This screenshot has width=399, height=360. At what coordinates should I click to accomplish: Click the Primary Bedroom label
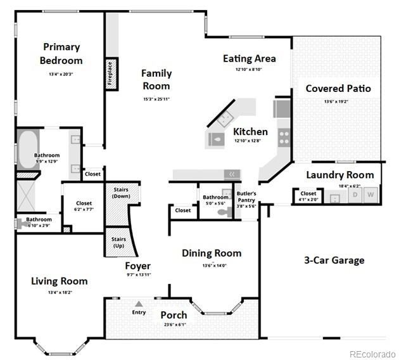(61, 54)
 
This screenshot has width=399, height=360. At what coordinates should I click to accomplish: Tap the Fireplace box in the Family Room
(111, 73)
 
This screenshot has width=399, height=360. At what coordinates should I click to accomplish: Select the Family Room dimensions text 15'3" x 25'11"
(156, 99)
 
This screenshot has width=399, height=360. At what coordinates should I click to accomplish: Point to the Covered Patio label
(338, 88)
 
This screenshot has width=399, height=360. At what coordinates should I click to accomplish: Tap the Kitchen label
(250, 132)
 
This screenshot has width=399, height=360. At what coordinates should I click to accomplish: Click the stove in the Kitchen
(282, 135)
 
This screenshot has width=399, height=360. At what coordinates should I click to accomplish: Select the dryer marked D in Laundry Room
(355, 194)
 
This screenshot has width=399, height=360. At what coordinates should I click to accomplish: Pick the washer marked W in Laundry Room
(370, 194)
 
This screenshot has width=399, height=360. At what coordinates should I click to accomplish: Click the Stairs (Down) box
(120, 193)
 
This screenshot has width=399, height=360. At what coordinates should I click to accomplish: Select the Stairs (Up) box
(118, 242)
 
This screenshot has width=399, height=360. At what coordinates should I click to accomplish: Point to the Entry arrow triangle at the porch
(139, 304)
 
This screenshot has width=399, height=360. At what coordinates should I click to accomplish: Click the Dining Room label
(212, 253)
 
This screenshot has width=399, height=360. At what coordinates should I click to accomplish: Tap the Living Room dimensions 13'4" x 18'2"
(60, 293)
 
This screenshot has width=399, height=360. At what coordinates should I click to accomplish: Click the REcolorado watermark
(372, 354)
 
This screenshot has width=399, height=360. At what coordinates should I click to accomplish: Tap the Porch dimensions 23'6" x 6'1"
(173, 325)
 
